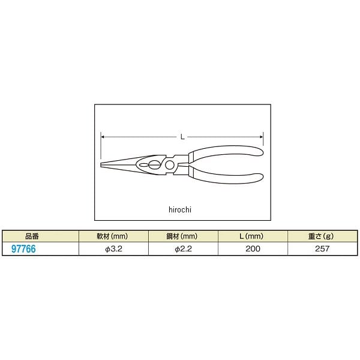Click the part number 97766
23,249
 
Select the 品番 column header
32,236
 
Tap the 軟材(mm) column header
112,236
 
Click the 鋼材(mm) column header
182,236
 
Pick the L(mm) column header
251,236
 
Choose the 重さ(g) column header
321,236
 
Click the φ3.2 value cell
113,249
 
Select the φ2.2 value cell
183,249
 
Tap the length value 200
253,248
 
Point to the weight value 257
322,248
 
